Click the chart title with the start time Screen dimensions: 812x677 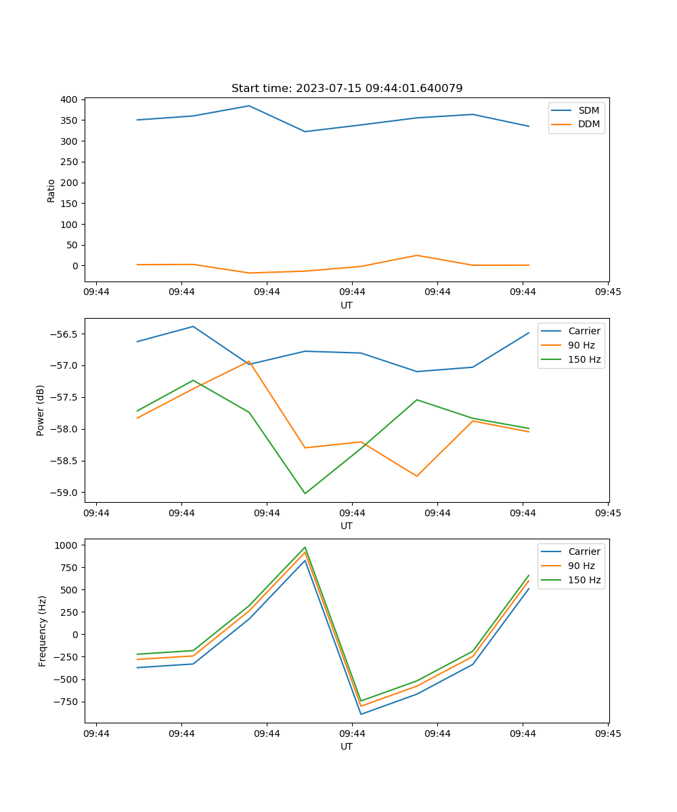coord(347,89)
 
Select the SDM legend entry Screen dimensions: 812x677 coord(588,110)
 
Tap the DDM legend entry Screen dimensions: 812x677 coord(588,124)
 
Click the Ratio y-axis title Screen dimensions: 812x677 coord(51,190)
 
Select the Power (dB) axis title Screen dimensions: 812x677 coord(41,410)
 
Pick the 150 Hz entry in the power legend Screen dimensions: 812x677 coord(584,359)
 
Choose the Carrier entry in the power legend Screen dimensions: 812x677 coord(584,331)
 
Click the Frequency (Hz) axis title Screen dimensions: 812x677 coord(43,631)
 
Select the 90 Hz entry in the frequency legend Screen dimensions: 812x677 coord(581,566)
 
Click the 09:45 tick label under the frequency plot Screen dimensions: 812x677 coord(608,734)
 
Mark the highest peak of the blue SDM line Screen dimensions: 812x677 coord(248,106)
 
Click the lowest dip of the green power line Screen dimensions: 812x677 coord(305,493)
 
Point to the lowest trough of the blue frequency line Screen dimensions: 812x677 coord(361,714)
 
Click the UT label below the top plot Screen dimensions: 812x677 coord(347,305)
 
